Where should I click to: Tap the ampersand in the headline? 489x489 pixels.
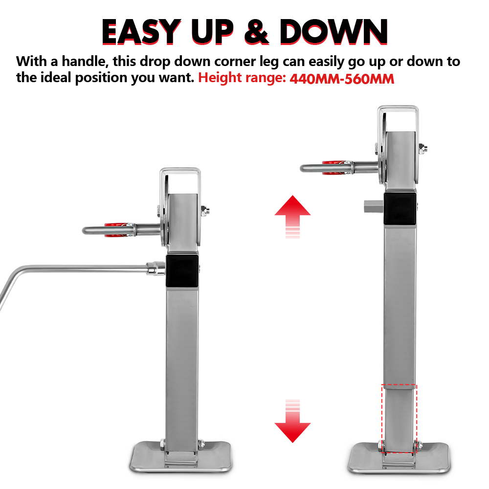pos(256,31)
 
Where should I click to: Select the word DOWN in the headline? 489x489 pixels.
pos(333,31)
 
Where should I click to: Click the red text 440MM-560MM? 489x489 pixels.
pos(342,79)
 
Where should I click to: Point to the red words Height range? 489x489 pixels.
pos(242,78)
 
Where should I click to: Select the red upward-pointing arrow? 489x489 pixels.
pos(292,217)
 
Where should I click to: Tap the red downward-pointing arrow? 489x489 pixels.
pos(292,421)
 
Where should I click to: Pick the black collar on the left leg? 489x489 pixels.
pos(182,271)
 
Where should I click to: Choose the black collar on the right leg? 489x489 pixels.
pos(400,208)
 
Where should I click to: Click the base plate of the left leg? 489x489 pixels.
pos(181,457)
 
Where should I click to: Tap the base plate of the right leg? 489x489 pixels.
pos(399,458)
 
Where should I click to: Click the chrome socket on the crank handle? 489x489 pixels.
pos(156,268)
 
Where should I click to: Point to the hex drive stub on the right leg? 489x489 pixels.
pos(374,206)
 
